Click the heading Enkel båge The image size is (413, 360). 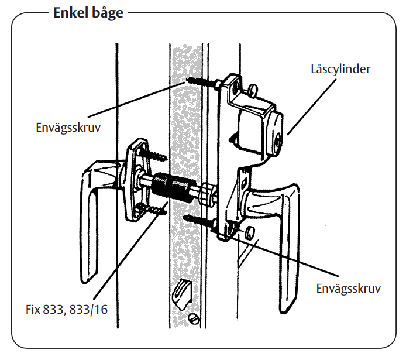(88, 12)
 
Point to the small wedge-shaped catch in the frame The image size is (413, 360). (183, 289)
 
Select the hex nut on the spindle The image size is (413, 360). (208, 196)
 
